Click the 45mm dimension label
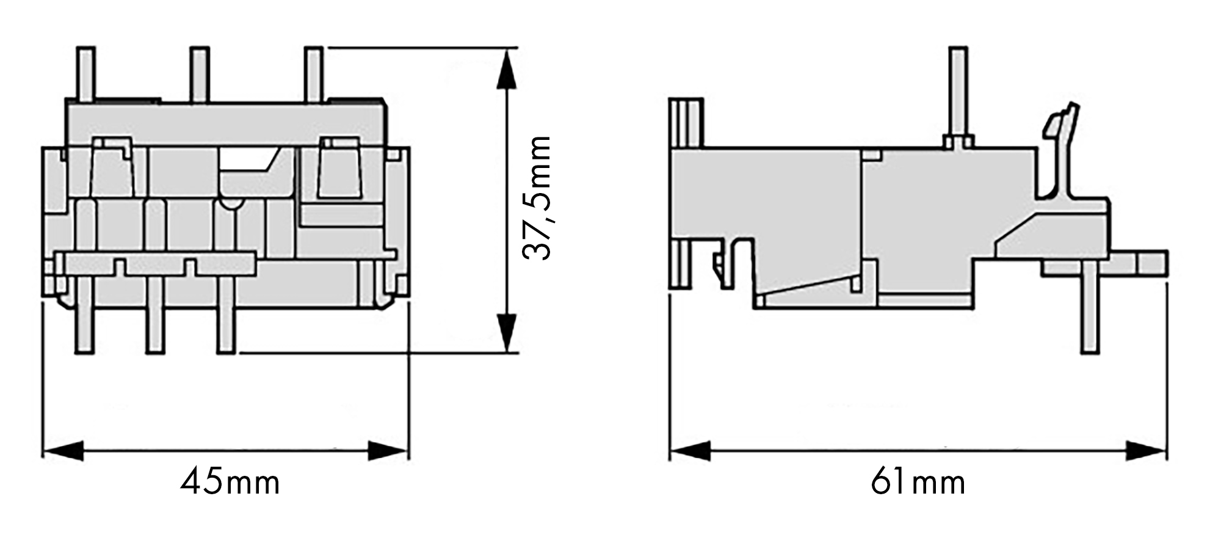coord(230,483)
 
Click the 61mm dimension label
coord(918,483)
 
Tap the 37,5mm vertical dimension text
coord(538,199)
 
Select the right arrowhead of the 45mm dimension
coord(388,452)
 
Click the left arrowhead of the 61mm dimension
coord(690,452)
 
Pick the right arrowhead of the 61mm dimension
coord(1146,452)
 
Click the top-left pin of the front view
coord(85,73)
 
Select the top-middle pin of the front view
coord(199,73)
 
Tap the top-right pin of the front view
coord(314,73)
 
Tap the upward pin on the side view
coord(958,92)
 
